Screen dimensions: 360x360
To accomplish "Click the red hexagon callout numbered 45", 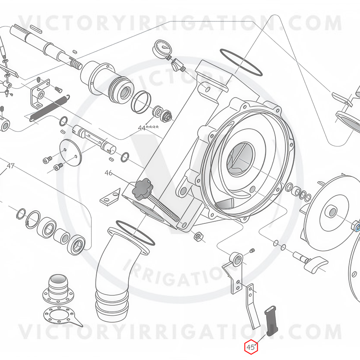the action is point(251,347).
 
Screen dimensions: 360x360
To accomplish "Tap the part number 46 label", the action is point(108,173).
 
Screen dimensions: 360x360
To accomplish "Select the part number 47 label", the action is point(10,166).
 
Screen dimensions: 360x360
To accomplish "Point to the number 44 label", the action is point(142,128).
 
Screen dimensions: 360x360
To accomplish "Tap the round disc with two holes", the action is point(71,152).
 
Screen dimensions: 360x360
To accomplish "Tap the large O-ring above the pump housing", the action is point(241,62).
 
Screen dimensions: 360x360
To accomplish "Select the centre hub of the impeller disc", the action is point(332,212).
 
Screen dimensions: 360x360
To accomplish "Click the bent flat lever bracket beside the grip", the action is point(252,306).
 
